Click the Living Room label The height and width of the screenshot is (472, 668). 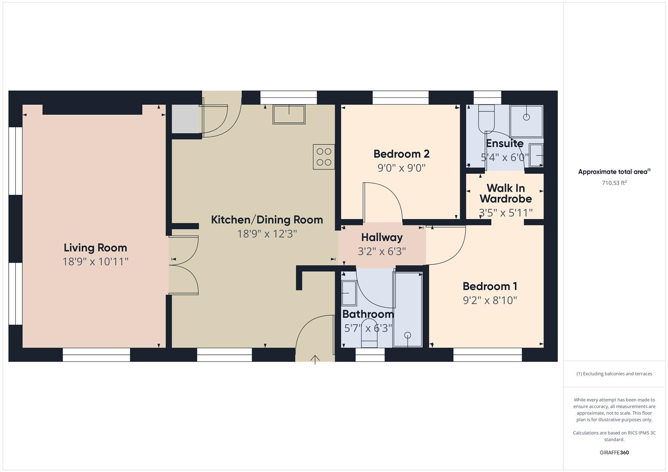pos(95,247)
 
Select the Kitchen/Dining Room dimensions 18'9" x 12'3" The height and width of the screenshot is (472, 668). pos(267,234)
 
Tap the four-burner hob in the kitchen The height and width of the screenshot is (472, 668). pos(324,157)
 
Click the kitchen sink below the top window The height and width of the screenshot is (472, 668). pos(289,114)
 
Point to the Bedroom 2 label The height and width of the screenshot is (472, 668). pos(401,154)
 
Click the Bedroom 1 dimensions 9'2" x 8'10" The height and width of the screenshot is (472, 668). pos(490,300)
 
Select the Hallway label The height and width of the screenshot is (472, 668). pos(381,237)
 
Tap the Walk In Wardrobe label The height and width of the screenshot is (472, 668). pos(505,193)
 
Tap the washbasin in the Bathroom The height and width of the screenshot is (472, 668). pos(349,293)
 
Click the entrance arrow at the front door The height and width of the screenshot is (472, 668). pos(315,360)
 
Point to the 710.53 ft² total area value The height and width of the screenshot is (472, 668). pos(614,183)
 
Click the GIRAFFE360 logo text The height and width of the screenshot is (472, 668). pos(614,452)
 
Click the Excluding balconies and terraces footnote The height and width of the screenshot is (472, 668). pos(614,374)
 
